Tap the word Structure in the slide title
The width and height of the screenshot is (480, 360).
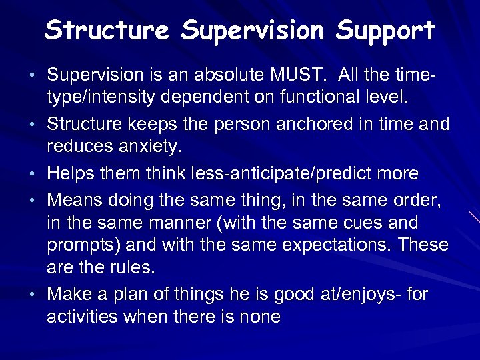tap(107, 30)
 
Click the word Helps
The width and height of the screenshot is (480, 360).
tap(73, 174)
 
